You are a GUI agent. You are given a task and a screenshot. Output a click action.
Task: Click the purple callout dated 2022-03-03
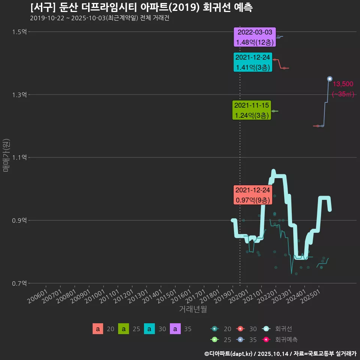[255, 37]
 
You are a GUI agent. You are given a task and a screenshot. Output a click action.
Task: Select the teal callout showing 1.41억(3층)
[252, 62]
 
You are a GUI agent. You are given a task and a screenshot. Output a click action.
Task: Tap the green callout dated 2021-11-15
[252, 110]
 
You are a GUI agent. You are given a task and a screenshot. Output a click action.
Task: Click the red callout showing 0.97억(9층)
[252, 195]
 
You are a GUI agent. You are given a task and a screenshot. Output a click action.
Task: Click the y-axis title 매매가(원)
[6, 155]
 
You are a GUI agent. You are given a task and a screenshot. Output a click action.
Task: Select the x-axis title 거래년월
[193, 309]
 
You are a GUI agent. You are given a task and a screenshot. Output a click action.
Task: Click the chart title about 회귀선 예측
[141, 7]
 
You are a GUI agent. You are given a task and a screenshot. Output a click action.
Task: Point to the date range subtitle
[99, 18]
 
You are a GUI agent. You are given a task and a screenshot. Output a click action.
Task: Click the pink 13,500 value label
[343, 84]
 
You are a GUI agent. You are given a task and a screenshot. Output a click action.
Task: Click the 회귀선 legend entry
[283, 329]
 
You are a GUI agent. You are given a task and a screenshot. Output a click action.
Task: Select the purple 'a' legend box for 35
[175, 329]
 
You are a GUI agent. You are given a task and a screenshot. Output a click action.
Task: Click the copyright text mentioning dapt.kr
[280, 353]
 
